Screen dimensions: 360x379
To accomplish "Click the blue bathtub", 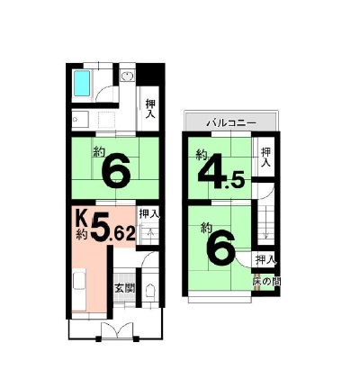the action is (82, 83).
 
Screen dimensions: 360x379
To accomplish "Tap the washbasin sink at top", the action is (128, 76).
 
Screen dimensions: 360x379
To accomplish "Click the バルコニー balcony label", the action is (232, 123).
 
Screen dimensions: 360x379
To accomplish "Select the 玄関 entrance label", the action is (124, 289).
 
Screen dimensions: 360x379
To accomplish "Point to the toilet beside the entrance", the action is (149, 291).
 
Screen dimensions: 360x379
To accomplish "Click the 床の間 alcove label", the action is (266, 282).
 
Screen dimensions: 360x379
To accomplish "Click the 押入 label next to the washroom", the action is (150, 109).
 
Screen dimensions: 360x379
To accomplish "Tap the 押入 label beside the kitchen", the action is (148, 214).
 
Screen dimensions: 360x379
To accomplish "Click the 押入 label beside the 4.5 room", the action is (265, 157).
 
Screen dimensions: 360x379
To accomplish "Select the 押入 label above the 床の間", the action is (265, 260).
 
